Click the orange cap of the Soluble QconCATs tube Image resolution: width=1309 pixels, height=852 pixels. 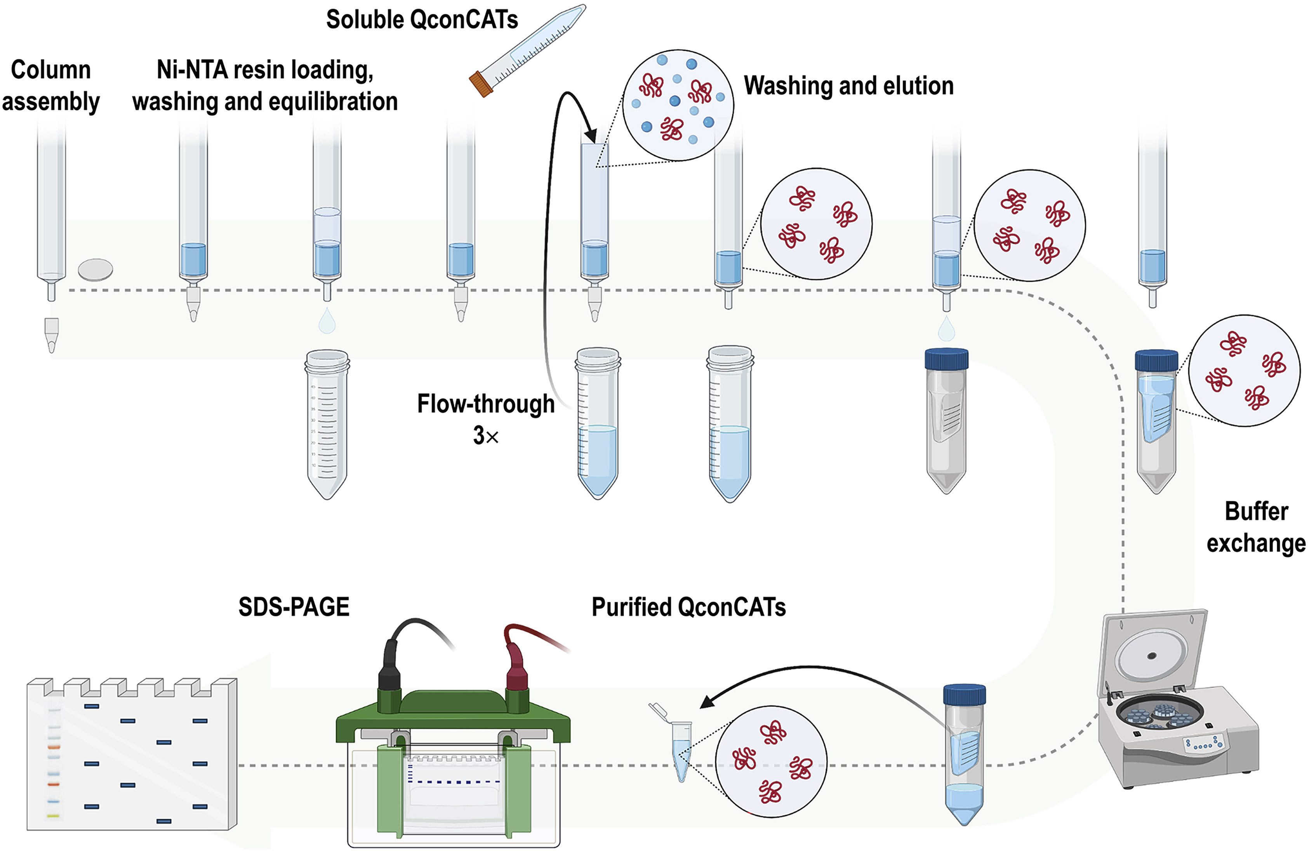point(481,84)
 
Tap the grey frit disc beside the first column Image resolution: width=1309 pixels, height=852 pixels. point(96,270)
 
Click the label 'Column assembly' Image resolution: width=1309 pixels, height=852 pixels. point(50,86)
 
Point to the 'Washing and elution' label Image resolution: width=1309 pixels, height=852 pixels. point(848,86)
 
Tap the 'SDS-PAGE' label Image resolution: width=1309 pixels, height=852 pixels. point(294,607)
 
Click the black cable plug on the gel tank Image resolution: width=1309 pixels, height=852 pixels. point(389,668)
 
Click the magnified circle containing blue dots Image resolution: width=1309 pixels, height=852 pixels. point(678,105)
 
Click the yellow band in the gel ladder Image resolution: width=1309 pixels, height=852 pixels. point(53,816)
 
